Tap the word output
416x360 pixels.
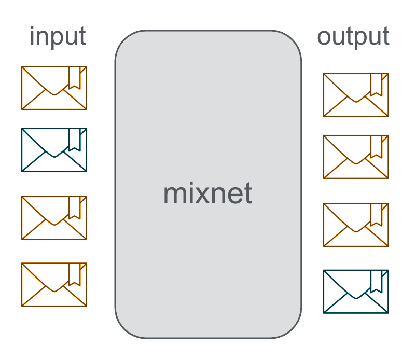click(x=353, y=37)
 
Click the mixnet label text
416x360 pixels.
click(x=207, y=193)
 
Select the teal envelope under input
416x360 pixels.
click(x=54, y=150)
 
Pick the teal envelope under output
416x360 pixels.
click(x=356, y=292)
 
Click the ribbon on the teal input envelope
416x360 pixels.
click(x=75, y=139)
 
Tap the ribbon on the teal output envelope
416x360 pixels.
click(x=377, y=281)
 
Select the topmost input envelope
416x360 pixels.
click(x=54, y=88)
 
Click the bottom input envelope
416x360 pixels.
click(x=54, y=284)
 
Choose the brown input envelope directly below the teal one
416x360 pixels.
click(x=54, y=218)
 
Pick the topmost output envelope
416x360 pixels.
click(x=356, y=95)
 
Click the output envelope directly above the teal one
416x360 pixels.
click(x=356, y=225)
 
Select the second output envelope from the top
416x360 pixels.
click(x=356, y=157)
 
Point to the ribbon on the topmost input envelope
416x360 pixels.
click(x=75, y=77)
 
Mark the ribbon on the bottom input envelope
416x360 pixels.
click(x=75, y=273)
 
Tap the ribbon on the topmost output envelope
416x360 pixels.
click(x=377, y=84)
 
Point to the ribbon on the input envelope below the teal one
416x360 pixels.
click(x=75, y=207)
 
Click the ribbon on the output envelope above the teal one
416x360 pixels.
click(x=377, y=214)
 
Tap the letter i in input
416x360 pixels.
click(x=33, y=36)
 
